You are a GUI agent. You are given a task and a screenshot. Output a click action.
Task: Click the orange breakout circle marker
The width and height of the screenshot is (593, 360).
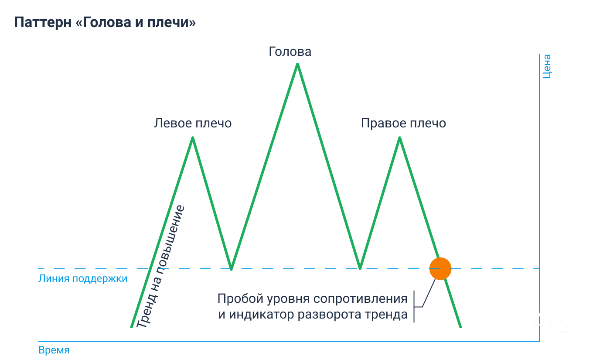[440, 269]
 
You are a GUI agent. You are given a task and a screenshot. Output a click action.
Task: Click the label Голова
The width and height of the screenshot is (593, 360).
[290, 52]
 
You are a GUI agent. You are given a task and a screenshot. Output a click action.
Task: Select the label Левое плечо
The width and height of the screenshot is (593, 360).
[193, 123]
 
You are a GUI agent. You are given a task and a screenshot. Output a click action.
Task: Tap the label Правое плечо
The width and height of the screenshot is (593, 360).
[403, 123]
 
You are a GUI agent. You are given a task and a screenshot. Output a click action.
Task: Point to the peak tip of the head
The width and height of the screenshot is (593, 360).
[297, 65]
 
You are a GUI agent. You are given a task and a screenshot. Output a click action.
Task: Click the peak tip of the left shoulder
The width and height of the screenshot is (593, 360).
[193, 138]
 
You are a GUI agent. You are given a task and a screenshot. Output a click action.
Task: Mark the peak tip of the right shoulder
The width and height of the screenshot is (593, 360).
[400, 138]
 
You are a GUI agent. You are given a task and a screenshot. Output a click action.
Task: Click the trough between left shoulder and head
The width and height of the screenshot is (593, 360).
[232, 268]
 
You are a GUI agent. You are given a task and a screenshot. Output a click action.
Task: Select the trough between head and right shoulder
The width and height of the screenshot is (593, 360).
[360, 268]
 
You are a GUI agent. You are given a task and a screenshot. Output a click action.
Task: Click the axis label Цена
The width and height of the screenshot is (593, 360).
[546, 66]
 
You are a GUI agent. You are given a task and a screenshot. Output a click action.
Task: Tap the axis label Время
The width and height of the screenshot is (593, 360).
[54, 350]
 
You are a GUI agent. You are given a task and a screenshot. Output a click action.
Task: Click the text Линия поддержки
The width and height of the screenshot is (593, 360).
[83, 278]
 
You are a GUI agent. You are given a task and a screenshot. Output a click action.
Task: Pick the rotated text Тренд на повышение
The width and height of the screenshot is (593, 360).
[160, 266]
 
